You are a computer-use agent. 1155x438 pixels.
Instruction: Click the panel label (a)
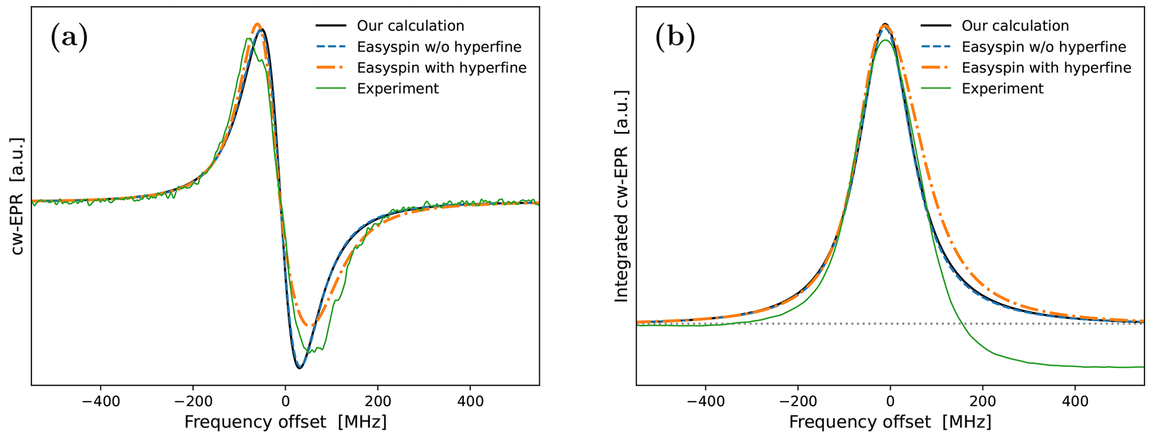click(x=69, y=38)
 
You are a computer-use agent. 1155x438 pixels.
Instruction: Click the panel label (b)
click(x=675, y=38)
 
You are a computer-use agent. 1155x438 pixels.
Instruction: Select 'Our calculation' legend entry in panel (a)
click(x=410, y=26)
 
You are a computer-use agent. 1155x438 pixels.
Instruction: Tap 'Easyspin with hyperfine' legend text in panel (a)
click(x=441, y=68)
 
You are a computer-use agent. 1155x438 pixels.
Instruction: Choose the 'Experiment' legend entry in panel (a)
click(x=398, y=89)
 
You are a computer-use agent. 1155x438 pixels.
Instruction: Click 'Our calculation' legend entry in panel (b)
click(x=1015, y=26)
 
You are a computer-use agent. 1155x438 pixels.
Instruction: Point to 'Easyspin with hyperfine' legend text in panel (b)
click(x=1046, y=68)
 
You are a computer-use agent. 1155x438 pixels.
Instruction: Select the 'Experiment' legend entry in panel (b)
click(x=1002, y=89)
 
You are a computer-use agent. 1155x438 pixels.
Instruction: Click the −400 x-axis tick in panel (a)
click(x=101, y=401)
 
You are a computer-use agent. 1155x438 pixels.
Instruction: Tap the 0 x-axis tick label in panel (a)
click(x=286, y=401)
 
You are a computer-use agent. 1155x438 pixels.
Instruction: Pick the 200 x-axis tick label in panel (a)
click(x=378, y=401)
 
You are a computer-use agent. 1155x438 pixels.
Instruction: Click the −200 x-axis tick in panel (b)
click(x=798, y=401)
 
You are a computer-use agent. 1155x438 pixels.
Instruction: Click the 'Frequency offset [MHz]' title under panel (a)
click(x=285, y=422)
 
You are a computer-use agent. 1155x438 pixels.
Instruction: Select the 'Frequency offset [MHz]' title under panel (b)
click(x=890, y=422)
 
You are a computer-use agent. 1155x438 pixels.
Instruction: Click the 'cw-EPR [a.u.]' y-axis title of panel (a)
click(x=18, y=196)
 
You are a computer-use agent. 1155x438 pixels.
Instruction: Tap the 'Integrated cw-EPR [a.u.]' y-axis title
click(x=622, y=196)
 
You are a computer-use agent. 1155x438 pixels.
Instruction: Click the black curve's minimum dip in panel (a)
click(x=300, y=368)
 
